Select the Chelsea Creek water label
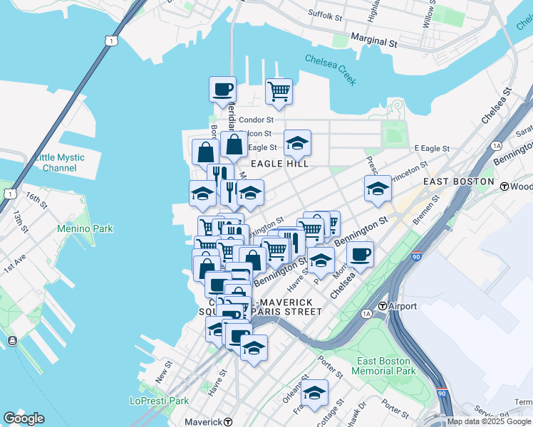click(330, 69)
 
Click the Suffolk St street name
click(326, 14)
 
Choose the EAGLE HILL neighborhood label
click(279, 164)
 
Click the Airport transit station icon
click(383, 306)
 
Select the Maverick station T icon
click(228, 421)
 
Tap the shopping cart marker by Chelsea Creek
click(279, 91)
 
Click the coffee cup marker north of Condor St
click(222, 89)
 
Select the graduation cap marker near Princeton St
click(377, 189)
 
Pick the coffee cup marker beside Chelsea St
click(361, 254)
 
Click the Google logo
click(24, 418)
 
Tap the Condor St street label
click(257, 120)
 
